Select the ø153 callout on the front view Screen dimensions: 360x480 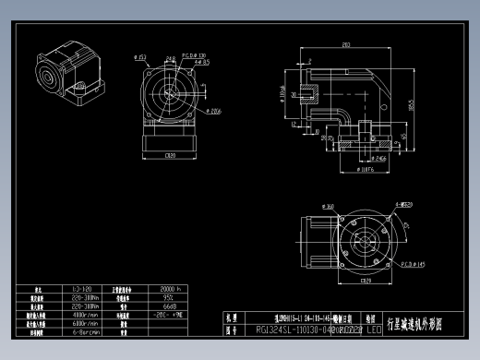tap(141, 56)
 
